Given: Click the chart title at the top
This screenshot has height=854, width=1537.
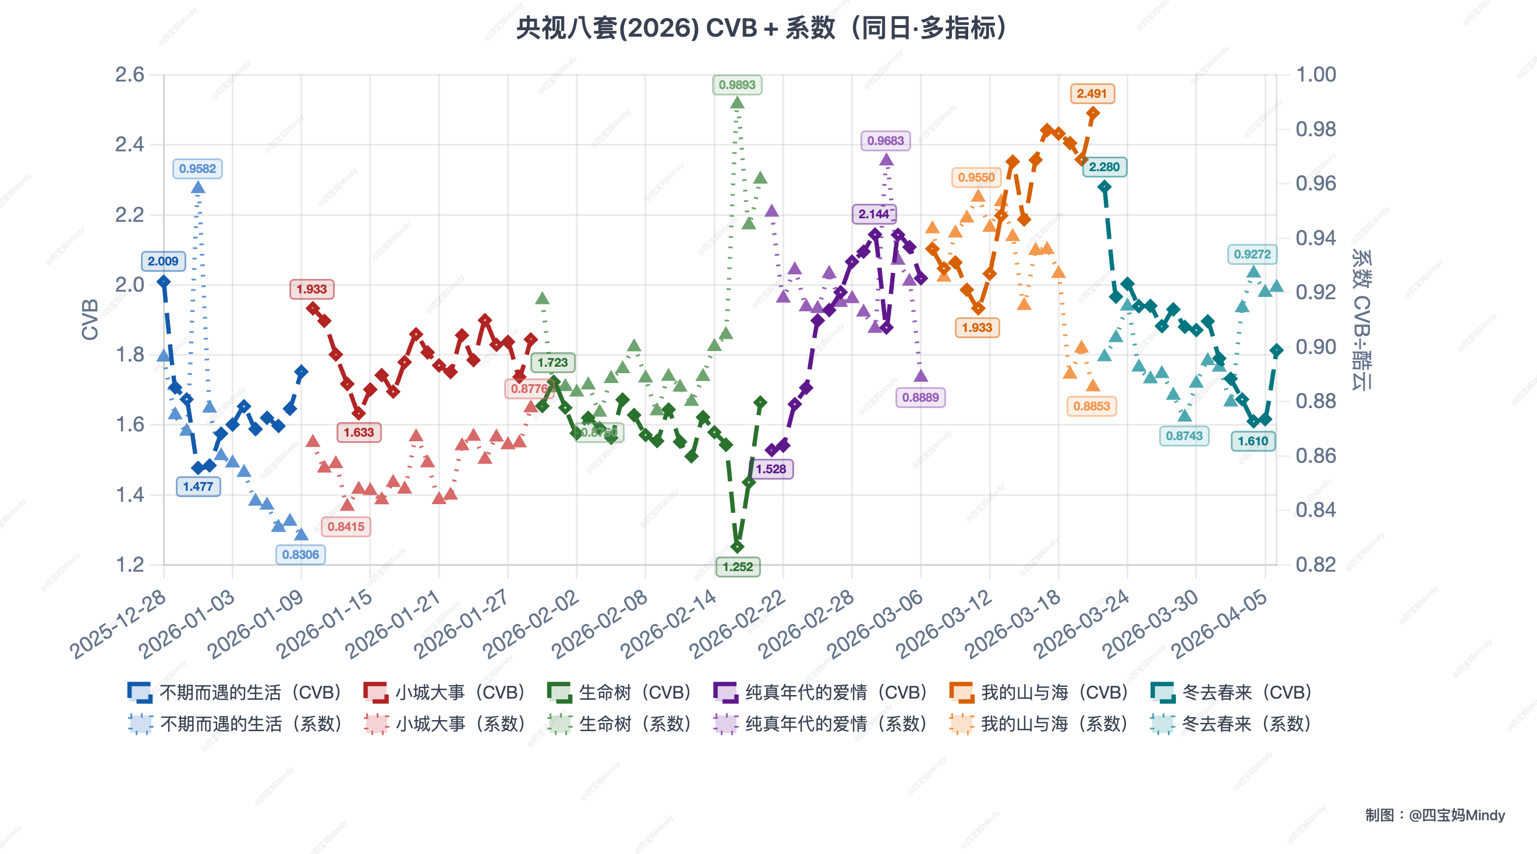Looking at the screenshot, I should pos(762,28).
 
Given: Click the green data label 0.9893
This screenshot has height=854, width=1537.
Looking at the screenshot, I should pos(737,85).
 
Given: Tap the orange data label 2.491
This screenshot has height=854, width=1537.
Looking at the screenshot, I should pos(1091,94).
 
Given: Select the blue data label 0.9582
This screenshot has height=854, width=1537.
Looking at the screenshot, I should pos(197,168).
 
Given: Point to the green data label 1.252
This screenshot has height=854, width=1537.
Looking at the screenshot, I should pos(738,567).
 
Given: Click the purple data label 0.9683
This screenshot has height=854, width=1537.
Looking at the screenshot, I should pos(886,141).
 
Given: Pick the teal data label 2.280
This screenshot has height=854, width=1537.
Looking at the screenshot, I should pos(1104,167).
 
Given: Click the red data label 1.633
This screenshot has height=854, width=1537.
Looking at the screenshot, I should pos(359,433).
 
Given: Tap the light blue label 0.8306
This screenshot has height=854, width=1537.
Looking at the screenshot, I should pos(300,554).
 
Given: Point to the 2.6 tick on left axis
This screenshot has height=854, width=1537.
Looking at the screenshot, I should pos(129,75).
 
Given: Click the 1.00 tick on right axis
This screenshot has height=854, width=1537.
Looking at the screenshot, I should pos(1315,75).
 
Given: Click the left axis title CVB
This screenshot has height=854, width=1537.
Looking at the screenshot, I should pos(90,320).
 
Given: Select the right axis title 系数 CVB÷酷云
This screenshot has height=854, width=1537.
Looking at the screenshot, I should pos(1361,320).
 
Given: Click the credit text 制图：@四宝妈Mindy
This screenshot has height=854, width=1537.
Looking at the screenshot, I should pos(1435,815).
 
